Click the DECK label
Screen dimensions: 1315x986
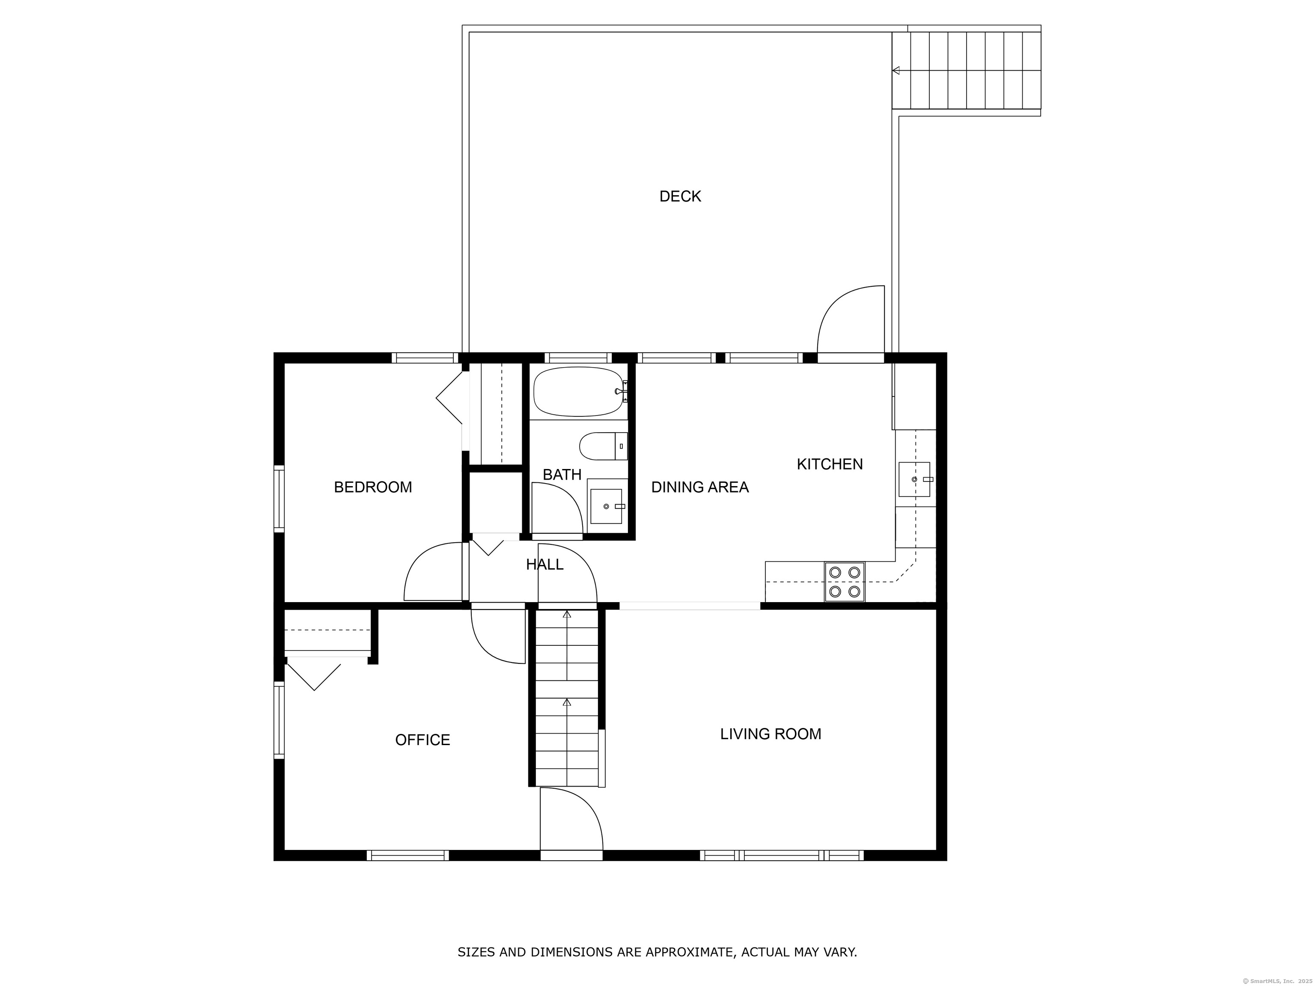tap(680, 196)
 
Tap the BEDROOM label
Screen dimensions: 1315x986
tap(373, 487)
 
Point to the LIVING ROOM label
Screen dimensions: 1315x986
tap(771, 734)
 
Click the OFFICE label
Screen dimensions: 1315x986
tap(422, 740)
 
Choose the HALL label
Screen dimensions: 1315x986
tap(544, 564)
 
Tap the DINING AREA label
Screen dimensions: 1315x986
tap(700, 487)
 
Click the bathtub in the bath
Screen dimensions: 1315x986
tap(579, 391)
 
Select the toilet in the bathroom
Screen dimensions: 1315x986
tap(603, 446)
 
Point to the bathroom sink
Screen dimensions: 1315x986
tap(607, 506)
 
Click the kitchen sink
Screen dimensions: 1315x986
tap(914, 479)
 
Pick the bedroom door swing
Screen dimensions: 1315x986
tap(433, 571)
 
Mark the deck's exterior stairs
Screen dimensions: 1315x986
tap(967, 70)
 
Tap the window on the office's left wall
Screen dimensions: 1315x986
tap(279, 720)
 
